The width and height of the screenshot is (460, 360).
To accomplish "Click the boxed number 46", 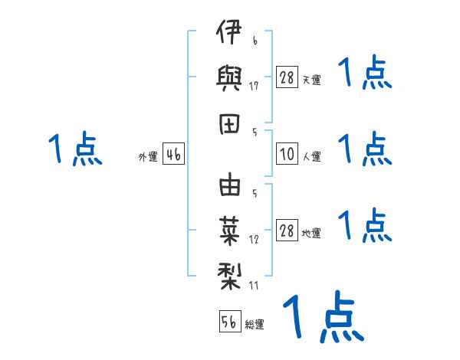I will click(173, 155).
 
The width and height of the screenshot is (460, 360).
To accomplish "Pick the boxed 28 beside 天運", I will click(287, 77).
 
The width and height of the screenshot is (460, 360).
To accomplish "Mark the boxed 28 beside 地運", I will click(287, 231).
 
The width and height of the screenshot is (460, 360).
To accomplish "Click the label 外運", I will click(147, 157).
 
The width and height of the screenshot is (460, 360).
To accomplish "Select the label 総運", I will click(255, 325).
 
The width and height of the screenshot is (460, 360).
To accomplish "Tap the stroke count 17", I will click(254, 86).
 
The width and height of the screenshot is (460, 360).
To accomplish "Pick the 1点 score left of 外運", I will click(74, 149).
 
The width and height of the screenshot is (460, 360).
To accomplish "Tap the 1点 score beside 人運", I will click(365, 149).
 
